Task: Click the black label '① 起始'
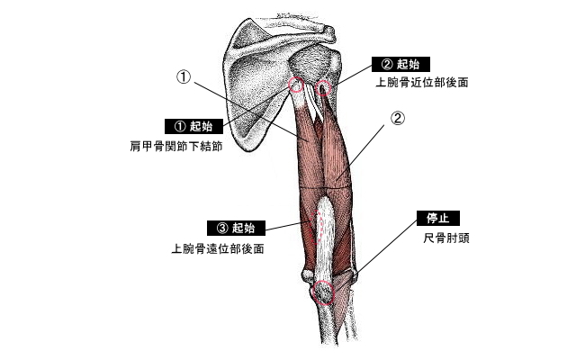192,126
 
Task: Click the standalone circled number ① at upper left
184,77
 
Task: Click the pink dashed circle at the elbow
322,292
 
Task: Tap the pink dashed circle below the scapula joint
295,86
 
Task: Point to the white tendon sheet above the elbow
325,225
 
